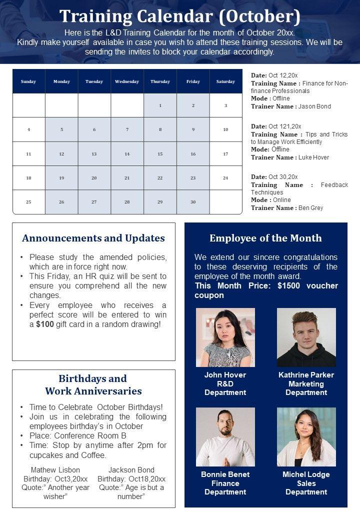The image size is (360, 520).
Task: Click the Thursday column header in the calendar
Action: [x=160, y=81]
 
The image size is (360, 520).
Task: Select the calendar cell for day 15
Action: [x=160, y=154]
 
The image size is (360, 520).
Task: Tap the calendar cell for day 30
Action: [x=193, y=202]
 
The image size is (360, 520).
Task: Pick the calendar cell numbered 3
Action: [x=225, y=105]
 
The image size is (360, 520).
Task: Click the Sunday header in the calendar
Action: [x=28, y=81]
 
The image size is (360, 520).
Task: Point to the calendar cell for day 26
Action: [x=61, y=202]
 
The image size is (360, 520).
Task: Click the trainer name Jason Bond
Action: [x=314, y=106]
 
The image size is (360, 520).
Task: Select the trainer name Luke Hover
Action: [x=313, y=157]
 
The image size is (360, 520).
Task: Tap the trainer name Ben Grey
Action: [x=310, y=208]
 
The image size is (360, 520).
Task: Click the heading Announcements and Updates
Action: [x=93, y=238]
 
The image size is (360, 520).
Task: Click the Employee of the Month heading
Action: [x=265, y=238]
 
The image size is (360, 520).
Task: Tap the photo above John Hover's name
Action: [x=225, y=337]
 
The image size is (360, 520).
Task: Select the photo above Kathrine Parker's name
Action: [x=306, y=337]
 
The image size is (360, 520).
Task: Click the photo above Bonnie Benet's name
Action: [x=225, y=437]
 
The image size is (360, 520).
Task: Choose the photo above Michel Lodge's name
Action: [x=306, y=437]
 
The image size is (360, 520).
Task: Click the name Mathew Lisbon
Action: [x=55, y=470]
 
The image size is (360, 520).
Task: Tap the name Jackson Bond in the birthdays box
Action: [x=131, y=470]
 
